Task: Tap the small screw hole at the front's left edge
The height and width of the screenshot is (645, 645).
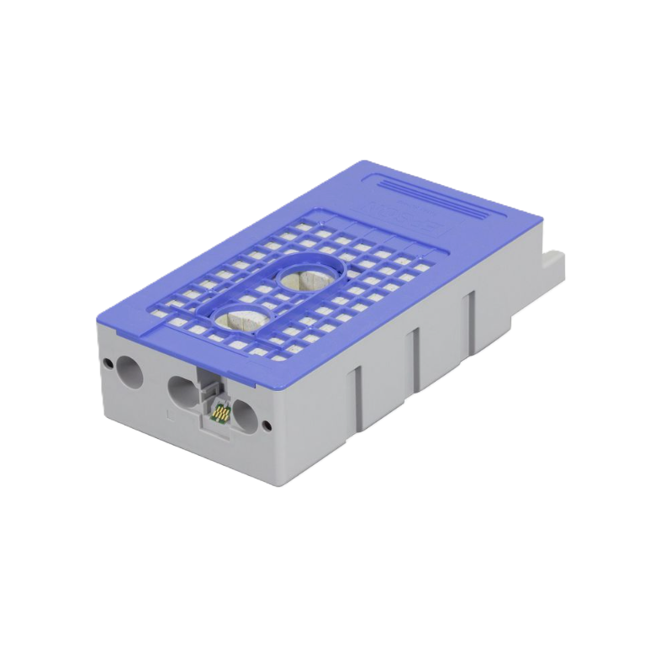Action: (108, 362)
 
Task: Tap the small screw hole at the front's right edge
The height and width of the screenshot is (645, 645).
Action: (267, 424)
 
